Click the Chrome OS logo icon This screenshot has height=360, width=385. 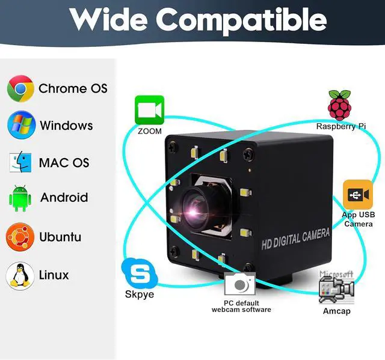[x=20, y=88]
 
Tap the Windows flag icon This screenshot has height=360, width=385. [x=21, y=126]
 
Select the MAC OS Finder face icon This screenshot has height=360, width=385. [x=20, y=162]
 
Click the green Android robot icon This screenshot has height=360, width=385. [x=20, y=198]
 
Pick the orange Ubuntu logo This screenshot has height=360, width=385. [x=20, y=237]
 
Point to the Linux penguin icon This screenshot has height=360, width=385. [x=20, y=275]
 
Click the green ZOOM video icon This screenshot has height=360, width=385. [x=149, y=110]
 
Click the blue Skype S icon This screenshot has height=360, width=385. [x=139, y=275]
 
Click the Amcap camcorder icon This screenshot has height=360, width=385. [x=336, y=288]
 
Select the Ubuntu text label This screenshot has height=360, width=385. [x=60, y=237]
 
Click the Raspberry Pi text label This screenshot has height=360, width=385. [x=340, y=127]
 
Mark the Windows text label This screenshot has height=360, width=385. [x=66, y=126]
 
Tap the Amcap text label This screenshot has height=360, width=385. [x=336, y=311]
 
